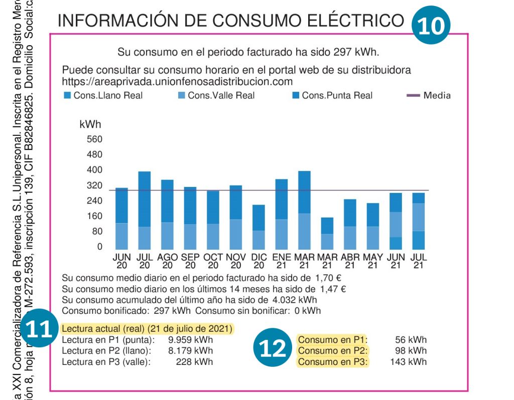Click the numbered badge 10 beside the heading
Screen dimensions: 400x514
431,25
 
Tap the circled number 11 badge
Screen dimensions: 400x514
40,329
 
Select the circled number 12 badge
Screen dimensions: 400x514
273,348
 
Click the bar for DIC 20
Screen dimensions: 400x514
259,227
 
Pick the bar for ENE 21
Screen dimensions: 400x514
281,214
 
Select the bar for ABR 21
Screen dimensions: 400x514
350,224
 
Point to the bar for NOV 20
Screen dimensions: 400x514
236,217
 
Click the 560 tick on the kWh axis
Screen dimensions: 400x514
94,139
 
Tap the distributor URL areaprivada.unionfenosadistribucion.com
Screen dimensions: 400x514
177,81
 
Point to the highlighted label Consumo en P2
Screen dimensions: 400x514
332,351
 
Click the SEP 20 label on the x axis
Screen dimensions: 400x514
190,261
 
